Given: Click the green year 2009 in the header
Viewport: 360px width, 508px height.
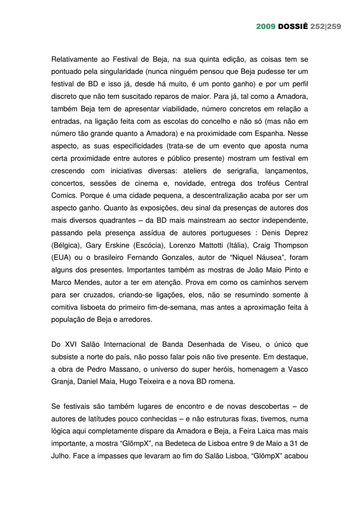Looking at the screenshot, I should point(266,27).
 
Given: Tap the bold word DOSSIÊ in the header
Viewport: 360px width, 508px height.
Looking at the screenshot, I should point(293,27).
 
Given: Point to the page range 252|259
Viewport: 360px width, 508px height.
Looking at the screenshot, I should point(326,27).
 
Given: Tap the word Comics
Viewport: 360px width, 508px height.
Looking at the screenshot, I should point(63,195).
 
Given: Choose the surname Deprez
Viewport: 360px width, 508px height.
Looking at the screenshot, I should point(296,233).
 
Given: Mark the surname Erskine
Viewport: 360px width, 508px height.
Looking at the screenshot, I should point(117,245).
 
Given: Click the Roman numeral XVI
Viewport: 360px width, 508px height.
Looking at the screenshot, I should point(71,344).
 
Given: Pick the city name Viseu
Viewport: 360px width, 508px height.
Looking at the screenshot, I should point(251,344).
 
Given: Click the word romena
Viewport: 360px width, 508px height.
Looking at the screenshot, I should point(221,381).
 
